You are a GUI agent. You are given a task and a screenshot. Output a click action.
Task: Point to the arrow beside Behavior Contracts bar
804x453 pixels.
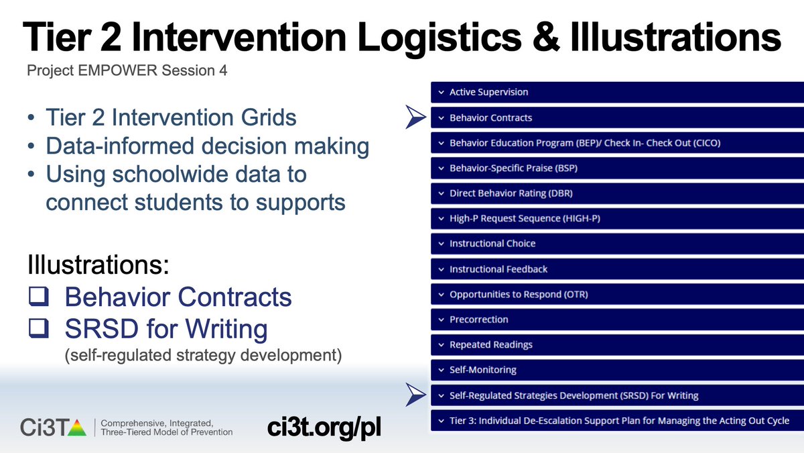click(x=415, y=117)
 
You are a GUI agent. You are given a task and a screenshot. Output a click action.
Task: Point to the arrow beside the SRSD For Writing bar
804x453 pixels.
click(x=415, y=395)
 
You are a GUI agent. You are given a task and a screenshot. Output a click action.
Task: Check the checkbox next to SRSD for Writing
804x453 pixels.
click(x=38, y=329)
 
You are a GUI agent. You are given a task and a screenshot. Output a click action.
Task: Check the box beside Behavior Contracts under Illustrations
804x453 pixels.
click(x=38, y=297)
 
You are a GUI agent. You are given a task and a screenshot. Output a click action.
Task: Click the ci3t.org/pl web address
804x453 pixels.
click(x=324, y=427)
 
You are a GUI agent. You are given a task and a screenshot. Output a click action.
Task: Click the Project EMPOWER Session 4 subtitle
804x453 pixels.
click(x=126, y=70)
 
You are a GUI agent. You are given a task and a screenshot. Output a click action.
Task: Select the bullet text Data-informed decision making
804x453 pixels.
click(x=207, y=146)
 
